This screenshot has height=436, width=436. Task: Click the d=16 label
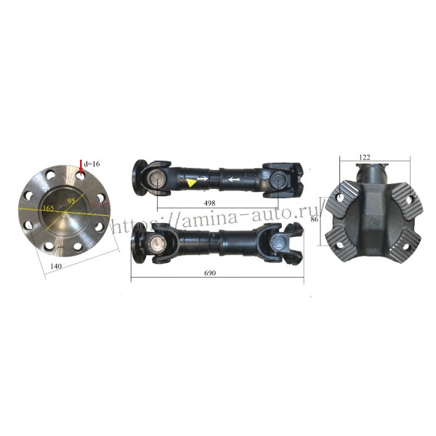(92, 163)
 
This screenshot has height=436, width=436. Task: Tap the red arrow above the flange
(81, 167)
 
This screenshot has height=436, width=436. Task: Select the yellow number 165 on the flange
(49, 208)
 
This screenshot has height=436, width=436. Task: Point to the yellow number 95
(71, 201)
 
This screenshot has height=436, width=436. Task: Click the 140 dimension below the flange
(56, 266)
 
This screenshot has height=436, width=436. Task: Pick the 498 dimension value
(209, 203)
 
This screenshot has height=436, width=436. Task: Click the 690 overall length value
(210, 273)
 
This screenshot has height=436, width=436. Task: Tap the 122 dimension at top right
(365, 158)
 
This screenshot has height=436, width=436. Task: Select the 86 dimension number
(314, 219)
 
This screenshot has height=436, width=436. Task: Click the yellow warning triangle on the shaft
(190, 182)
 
